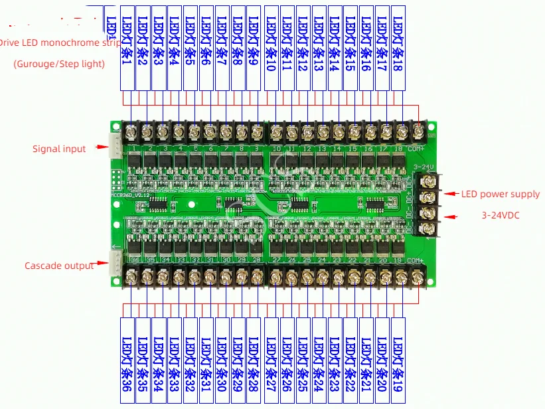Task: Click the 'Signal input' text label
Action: (x=59, y=149)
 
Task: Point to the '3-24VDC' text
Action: (x=502, y=216)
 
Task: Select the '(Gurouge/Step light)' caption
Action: (x=59, y=64)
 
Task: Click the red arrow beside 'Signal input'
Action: (x=102, y=147)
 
